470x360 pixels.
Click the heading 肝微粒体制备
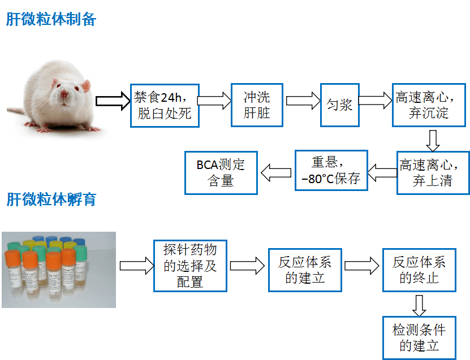click(x=51, y=20)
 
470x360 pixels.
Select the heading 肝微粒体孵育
click(x=51, y=199)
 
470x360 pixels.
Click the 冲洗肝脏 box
click(x=256, y=105)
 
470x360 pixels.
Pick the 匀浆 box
click(x=339, y=105)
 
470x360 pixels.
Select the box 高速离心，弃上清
click(x=433, y=173)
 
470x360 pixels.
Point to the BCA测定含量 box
click(x=221, y=172)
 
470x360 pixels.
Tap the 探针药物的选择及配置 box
click(x=190, y=265)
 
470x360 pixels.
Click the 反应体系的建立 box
click(x=305, y=270)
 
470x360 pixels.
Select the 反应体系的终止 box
click(x=419, y=270)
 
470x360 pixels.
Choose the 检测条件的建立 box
click(x=419, y=337)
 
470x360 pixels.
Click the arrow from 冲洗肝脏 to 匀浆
click(x=303, y=101)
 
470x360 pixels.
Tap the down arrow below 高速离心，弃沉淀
click(x=433, y=140)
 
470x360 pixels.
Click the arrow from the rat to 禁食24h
click(x=113, y=101)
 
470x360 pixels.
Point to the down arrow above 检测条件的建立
click(x=419, y=305)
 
